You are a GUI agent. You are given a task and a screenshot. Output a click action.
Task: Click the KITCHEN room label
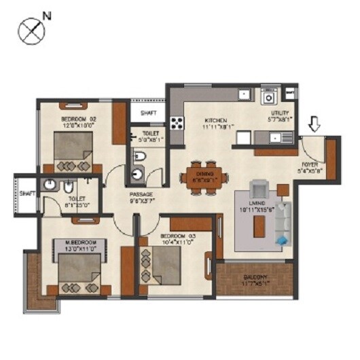click(x=219, y=121)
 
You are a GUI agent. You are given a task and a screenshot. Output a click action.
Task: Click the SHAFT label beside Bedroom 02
click(x=149, y=113)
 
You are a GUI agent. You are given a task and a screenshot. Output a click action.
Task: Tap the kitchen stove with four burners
click(x=177, y=124)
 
